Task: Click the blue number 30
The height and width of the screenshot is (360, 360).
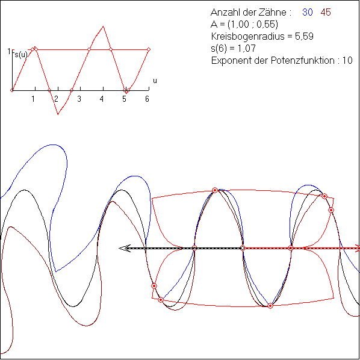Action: [308, 12]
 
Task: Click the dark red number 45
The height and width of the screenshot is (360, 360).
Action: [326, 12]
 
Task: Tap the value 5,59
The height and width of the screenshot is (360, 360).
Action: [304, 36]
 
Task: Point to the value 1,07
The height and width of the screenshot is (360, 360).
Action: [246, 48]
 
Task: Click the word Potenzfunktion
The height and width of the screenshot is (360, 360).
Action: [303, 60]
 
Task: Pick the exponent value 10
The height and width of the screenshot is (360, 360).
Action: [347, 60]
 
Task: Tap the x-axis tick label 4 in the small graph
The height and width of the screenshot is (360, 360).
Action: [102, 99]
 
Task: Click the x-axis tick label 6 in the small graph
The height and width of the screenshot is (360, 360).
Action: [147, 99]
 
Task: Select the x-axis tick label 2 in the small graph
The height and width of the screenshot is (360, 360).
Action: [56, 99]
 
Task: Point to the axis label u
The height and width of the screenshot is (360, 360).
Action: [155, 81]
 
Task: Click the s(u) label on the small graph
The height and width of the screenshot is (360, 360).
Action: [21, 55]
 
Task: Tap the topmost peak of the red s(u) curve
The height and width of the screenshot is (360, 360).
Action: [104, 26]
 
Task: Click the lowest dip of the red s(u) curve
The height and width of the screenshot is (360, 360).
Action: [58, 114]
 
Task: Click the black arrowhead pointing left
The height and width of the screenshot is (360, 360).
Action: [125, 248]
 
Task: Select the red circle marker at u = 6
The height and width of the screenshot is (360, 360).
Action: [149, 49]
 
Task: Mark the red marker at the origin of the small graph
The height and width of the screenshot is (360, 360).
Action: [12, 90]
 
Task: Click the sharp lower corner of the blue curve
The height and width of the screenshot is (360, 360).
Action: [56, 272]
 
